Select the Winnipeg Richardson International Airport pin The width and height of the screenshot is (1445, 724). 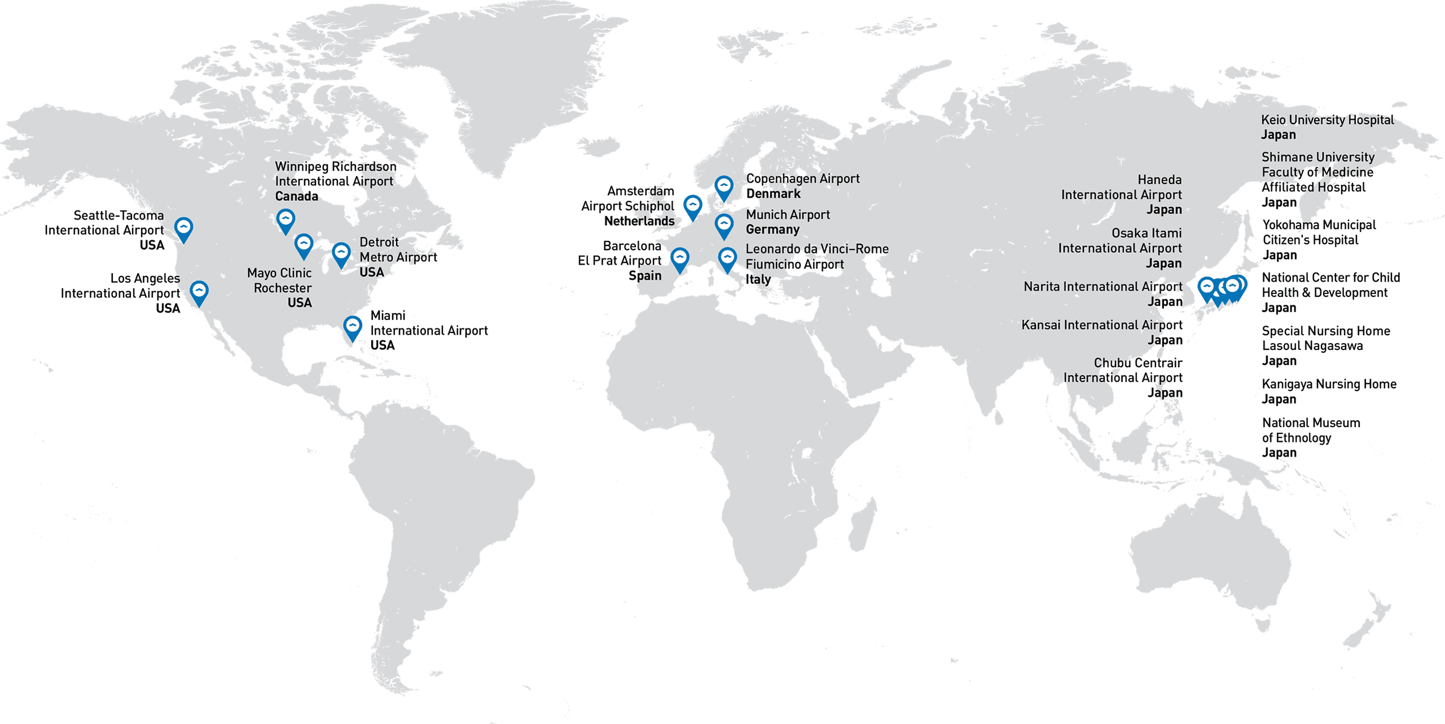(286, 220)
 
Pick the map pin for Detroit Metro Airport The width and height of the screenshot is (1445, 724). (341, 253)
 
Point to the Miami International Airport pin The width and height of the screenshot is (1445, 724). (353, 327)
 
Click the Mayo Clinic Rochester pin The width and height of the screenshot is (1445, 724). (304, 245)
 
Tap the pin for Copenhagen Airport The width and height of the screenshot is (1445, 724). (724, 187)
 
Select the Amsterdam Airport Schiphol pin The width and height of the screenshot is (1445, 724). (692, 206)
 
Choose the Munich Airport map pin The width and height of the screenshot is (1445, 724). (724, 224)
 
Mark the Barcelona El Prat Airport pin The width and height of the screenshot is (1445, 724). (680, 258)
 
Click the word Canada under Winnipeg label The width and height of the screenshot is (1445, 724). (296, 196)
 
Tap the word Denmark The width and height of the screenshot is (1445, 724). (773, 194)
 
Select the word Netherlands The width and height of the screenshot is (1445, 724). (639, 221)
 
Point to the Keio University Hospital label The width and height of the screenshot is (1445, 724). (1327, 120)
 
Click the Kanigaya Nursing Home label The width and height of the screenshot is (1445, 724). (1329, 384)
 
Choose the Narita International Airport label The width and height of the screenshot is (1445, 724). (1103, 287)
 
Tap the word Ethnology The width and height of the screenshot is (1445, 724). (1303, 438)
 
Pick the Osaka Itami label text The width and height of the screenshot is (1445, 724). (1146, 233)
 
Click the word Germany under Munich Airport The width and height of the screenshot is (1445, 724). (772, 230)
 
